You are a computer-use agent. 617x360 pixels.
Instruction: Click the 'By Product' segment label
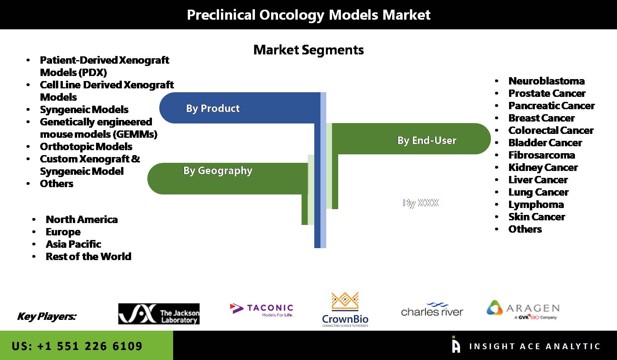tap(212, 108)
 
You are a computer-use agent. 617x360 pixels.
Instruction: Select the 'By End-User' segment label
tap(427, 140)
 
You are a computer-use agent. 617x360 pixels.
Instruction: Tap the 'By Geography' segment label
tap(217, 171)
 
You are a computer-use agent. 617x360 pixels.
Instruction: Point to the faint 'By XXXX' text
tap(421, 203)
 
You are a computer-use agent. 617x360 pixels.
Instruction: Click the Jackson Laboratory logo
tap(159, 314)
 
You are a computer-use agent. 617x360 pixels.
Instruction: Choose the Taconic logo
tap(261, 310)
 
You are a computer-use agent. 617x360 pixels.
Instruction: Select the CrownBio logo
tap(345, 309)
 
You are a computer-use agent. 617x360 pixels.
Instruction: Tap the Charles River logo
tap(432, 309)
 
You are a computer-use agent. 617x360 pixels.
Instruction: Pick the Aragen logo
tap(523, 310)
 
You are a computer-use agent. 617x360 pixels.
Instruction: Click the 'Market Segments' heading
tap(308, 50)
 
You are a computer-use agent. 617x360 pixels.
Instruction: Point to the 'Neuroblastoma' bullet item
tap(546, 81)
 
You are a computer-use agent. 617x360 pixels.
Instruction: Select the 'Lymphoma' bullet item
tap(536, 205)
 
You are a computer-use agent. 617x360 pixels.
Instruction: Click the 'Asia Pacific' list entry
tap(73, 244)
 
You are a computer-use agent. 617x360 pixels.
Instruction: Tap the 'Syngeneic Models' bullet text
tap(84, 110)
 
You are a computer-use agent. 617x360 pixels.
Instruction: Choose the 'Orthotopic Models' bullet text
tap(86, 147)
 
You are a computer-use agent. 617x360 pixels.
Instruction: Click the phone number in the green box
tap(77, 346)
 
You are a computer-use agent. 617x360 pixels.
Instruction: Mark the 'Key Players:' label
tap(47, 316)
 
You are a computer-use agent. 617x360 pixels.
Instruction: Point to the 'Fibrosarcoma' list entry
tap(541, 155)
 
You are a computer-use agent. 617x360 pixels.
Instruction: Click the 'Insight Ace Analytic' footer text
tap(534, 346)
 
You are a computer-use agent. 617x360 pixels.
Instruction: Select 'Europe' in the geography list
tap(63, 232)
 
